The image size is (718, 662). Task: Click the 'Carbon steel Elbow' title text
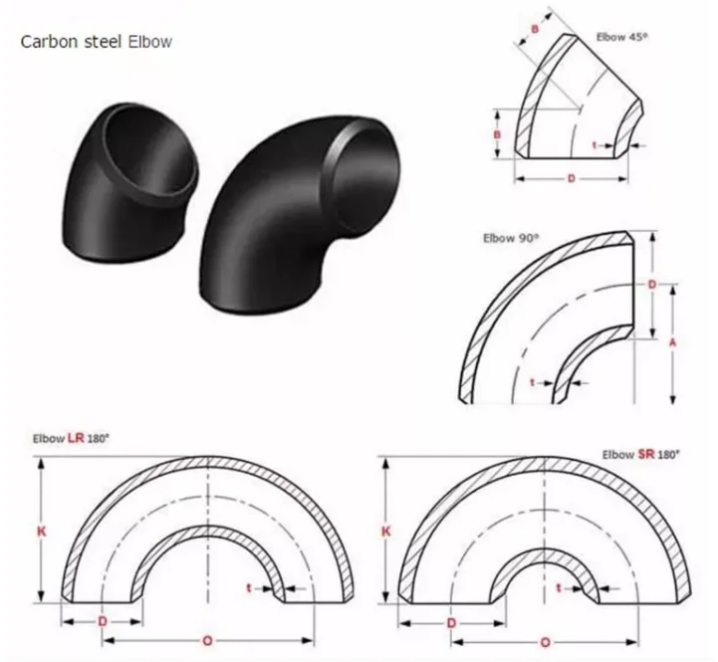[x=98, y=42]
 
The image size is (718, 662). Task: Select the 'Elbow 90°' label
[x=508, y=238]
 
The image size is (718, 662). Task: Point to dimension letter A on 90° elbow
[x=673, y=341]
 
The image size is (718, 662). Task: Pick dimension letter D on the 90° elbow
[x=651, y=285]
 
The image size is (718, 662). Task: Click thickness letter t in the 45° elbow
[x=595, y=145]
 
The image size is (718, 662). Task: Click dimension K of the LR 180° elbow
[x=41, y=532]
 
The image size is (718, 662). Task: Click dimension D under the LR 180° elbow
[x=103, y=622]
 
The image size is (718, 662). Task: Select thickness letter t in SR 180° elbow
[x=561, y=588]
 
